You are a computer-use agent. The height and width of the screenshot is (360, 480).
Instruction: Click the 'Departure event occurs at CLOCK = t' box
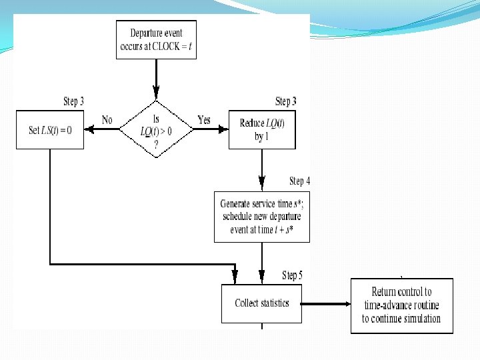156,40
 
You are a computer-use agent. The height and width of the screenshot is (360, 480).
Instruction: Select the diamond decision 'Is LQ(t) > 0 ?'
156,129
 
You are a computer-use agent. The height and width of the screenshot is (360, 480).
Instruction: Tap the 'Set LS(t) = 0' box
50,129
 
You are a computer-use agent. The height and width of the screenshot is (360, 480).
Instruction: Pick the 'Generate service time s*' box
261,217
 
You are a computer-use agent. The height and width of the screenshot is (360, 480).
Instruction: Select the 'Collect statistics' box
261,303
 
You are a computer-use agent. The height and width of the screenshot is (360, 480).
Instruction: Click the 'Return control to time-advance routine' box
401,305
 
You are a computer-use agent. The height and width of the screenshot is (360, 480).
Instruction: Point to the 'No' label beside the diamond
107,120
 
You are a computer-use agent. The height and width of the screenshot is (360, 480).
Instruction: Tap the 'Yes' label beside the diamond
204,120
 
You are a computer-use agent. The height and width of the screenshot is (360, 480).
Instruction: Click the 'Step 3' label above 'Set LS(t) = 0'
73,101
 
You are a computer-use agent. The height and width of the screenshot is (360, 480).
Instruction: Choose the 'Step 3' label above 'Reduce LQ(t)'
285,101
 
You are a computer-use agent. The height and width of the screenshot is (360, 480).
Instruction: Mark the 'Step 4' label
299,181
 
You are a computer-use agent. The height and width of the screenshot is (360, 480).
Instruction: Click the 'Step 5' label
292,275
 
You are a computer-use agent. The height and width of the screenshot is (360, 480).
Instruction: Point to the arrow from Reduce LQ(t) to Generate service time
262,170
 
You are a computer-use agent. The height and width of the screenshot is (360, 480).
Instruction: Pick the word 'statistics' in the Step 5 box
274,303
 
